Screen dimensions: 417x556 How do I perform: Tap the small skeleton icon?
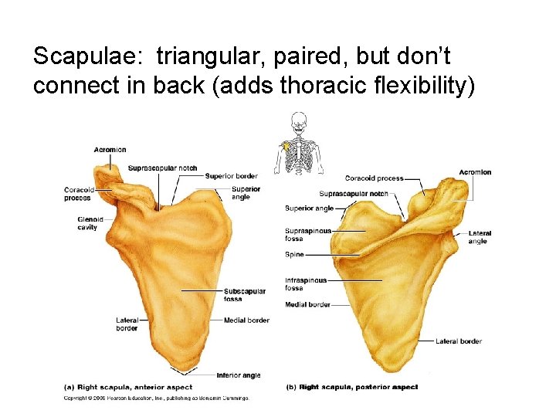click(298, 144)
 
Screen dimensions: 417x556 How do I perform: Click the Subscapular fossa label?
click(244, 295)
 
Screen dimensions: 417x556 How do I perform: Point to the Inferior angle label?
click(239, 375)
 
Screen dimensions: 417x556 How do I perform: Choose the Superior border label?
click(232, 176)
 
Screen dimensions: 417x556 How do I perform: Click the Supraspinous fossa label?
click(308, 235)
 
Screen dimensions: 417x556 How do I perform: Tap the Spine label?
click(293, 254)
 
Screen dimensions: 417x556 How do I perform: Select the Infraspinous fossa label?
click(306, 284)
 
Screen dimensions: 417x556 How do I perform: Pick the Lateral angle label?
click(478, 237)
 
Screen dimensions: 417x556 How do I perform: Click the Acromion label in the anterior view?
click(110, 150)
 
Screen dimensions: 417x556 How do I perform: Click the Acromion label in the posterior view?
click(475, 172)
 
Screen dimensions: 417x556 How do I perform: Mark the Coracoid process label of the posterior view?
click(374, 178)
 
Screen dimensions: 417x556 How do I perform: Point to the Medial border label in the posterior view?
click(307, 305)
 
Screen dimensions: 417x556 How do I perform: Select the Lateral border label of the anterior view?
click(127, 324)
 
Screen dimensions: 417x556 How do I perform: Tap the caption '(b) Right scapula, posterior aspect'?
click(351, 387)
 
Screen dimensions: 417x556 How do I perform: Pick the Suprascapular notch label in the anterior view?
click(162, 168)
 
